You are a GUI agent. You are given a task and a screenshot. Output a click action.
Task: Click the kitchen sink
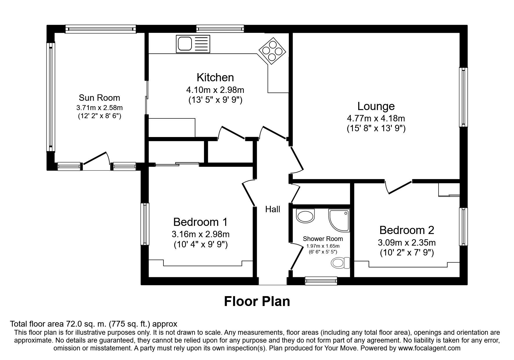tap(193, 44)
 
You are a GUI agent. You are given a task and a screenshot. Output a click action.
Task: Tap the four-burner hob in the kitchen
tap(273, 51)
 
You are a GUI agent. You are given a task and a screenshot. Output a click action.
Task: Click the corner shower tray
tap(339, 220)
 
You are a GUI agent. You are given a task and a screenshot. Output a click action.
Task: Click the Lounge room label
tap(376, 106)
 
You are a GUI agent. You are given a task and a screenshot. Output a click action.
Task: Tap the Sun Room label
tap(99, 98)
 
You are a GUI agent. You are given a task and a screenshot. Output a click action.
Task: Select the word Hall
tap(273, 209)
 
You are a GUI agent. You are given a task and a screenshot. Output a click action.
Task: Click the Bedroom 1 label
tap(200, 222)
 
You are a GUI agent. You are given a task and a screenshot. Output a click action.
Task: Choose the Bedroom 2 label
tap(407, 230)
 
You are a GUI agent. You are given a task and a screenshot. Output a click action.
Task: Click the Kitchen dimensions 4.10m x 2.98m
tap(215, 90)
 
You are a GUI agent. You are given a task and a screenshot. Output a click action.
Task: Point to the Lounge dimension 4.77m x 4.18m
tap(376, 118)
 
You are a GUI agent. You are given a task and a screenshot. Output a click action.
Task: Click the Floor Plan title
tap(257, 301)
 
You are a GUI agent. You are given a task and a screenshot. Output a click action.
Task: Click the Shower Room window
tap(321, 281)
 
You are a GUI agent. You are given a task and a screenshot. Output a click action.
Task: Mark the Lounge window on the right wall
tap(463, 97)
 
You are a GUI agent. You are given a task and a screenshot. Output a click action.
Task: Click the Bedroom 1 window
tap(145, 224)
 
